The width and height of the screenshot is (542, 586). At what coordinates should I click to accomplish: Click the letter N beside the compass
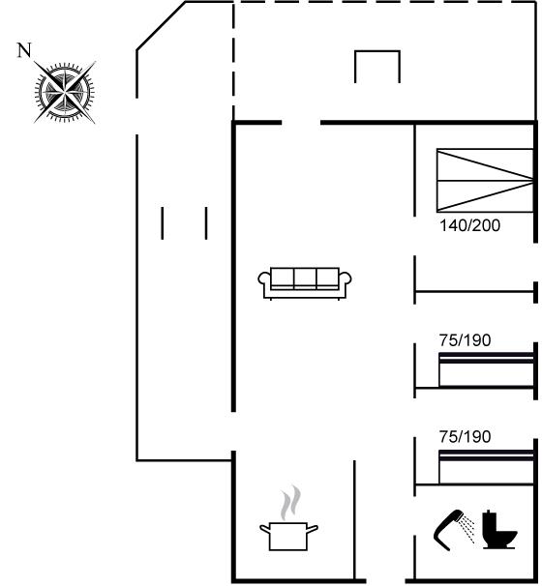click(x=24, y=50)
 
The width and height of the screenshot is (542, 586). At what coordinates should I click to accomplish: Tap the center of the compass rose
click(x=65, y=92)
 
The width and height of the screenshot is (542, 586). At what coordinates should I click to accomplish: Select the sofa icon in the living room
click(x=305, y=283)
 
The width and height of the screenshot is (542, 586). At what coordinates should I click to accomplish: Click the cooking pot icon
click(x=288, y=536)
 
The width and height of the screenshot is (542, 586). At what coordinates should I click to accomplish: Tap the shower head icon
click(x=454, y=530)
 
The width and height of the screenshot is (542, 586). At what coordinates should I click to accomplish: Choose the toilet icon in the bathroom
click(x=499, y=529)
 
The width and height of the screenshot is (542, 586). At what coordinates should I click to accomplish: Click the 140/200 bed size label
click(x=469, y=225)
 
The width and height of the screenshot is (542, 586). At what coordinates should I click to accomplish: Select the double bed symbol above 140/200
click(x=485, y=181)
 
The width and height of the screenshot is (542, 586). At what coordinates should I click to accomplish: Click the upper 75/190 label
click(x=465, y=340)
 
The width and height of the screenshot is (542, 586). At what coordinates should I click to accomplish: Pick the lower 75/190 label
click(x=465, y=436)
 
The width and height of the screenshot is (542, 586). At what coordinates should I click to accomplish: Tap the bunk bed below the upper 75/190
click(x=486, y=369)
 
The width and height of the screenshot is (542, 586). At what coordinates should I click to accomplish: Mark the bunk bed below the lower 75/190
click(x=486, y=467)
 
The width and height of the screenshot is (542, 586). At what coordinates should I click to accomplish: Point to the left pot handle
click(x=264, y=528)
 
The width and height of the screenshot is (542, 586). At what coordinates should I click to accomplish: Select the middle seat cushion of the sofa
click(x=305, y=278)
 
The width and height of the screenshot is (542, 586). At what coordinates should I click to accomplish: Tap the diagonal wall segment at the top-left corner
click(x=162, y=25)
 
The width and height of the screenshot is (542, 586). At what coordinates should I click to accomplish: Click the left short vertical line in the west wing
click(x=162, y=223)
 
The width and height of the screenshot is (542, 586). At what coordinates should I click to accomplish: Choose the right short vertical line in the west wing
click(x=206, y=223)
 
